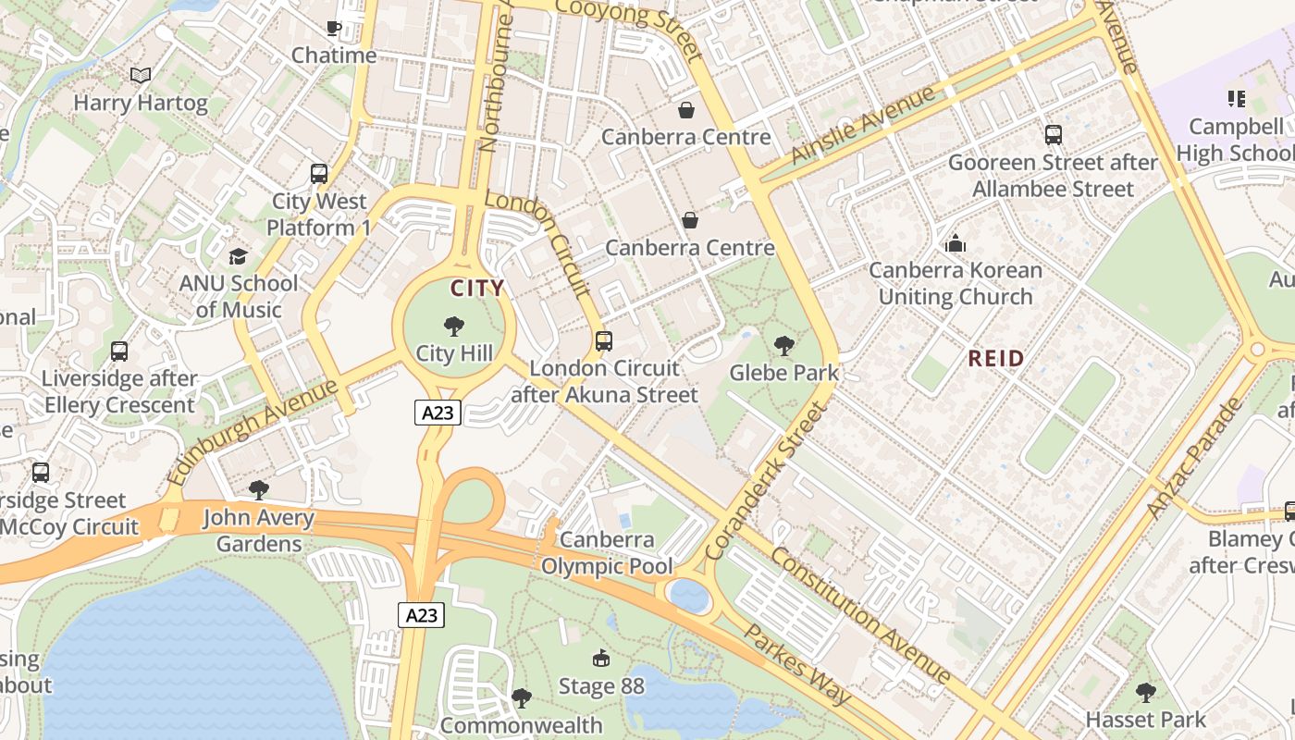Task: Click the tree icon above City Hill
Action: point(453,326)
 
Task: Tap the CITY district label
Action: point(477,288)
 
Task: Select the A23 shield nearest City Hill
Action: point(438,413)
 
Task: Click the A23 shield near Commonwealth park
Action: point(422,614)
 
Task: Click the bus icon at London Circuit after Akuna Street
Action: point(604,341)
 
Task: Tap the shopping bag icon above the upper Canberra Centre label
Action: point(686,111)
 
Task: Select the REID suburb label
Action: point(996,358)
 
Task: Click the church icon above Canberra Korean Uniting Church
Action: point(956,244)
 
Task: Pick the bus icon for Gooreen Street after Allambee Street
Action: point(1053,135)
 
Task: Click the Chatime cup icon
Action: point(334,29)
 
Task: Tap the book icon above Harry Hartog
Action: point(141,76)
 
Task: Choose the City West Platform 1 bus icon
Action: point(319,174)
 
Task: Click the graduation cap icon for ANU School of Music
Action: point(239,256)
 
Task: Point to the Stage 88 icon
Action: point(601,659)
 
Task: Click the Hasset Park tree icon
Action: point(1145,692)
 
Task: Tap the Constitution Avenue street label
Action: point(860,615)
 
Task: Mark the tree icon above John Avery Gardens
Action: point(259,490)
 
